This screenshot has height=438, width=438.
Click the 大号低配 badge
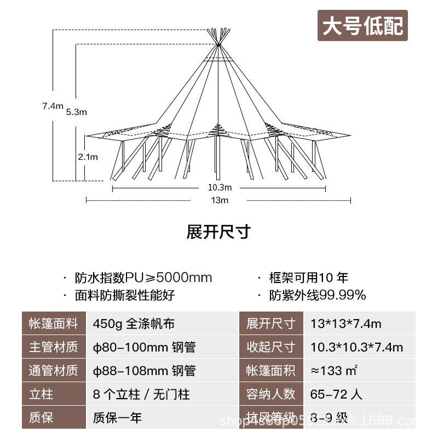[362, 26]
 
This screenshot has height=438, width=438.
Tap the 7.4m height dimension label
[53, 106]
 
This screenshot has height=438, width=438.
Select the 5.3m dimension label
[76, 112]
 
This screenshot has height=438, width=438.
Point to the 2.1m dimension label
[88, 157]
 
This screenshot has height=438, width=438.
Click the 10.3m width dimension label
[219, 188]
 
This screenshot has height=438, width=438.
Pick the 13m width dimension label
[219, 200]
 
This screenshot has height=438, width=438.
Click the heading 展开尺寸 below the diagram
[218, 232]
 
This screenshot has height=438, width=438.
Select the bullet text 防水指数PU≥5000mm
[143, 278]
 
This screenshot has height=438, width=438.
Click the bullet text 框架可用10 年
[309, 278]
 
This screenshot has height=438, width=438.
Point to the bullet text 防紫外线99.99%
[318, 296]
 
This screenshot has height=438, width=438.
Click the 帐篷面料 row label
[53, 324]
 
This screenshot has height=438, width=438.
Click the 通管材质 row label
[53, 371]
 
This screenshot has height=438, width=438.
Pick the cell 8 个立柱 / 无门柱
[141, 394]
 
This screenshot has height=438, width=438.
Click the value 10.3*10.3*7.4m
[356, 347]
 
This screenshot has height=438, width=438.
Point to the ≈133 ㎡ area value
[335, 371]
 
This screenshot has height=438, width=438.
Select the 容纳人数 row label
[271, 394]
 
